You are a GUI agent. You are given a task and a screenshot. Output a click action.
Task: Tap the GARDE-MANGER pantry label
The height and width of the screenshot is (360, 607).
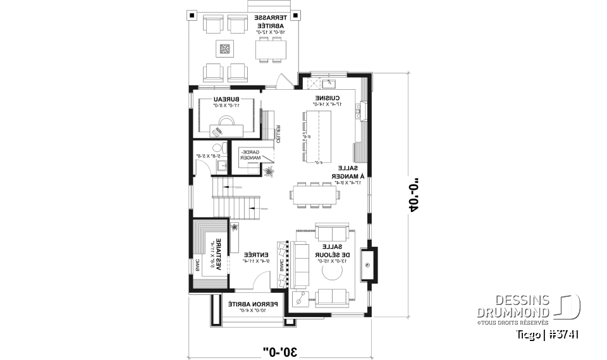tap(248, 155)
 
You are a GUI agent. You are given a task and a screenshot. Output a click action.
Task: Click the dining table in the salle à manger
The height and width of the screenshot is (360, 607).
tap(314, 195)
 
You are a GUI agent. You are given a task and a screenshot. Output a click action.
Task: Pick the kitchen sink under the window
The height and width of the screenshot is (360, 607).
tap(329, 82)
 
